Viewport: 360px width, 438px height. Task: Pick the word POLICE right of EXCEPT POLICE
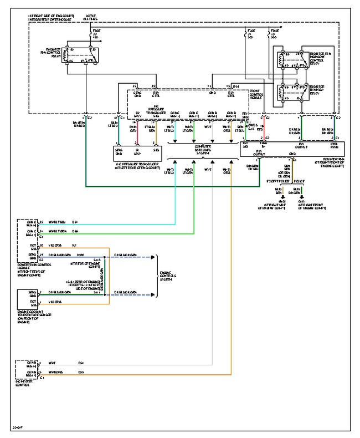[x=298, y=181]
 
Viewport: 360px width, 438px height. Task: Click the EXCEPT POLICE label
[x=277, y=181]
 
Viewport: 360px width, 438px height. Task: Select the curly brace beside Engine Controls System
[x=158, y=276]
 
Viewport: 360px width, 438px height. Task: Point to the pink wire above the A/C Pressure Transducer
[x=133, y=130]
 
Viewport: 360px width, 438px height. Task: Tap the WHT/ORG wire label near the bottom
[x=55, y=372]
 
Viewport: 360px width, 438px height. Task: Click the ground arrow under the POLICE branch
[x=302, y=197]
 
